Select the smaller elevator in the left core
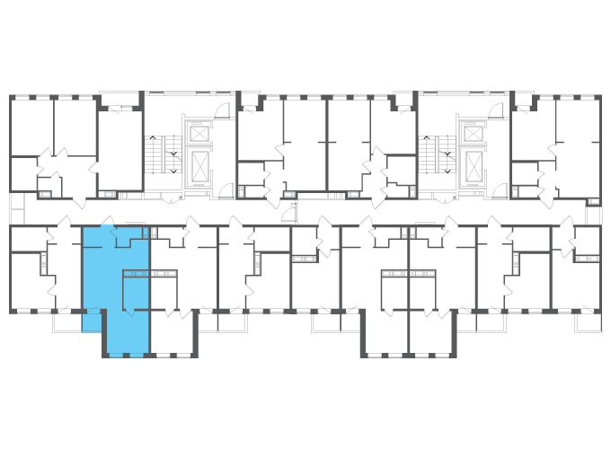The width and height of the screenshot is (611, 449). (199, 133)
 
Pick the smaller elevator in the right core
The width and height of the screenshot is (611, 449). (473, 133)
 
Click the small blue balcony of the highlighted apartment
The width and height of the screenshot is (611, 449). (92, 321)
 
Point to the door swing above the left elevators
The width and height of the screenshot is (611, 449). (222, 110)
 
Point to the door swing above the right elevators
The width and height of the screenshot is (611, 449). (495, 110)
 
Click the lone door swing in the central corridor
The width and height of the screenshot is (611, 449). (288, 212)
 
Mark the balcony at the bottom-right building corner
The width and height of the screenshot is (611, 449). (589, 322)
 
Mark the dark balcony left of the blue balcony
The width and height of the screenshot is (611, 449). (66, 321)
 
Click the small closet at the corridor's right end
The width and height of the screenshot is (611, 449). (593, 216)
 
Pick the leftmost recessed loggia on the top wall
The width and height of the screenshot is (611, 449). (119, 98)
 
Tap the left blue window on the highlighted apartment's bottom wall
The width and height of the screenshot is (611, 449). (116, 356)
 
